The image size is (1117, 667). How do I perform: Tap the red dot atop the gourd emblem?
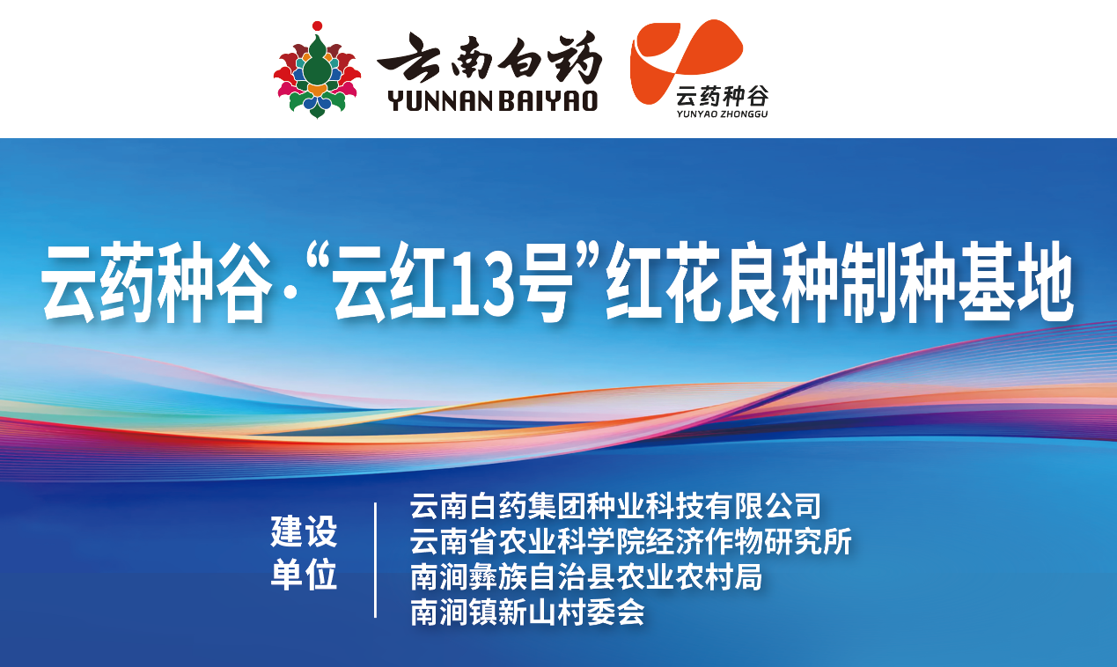[317, 26]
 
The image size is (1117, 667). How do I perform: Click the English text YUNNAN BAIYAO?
[493, 100]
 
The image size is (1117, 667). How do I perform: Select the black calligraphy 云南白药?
[489, 57]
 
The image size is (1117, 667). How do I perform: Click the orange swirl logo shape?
[686, 60]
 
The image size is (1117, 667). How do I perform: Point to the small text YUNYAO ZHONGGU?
[722, 114]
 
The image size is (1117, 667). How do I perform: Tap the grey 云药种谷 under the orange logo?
[722, 96]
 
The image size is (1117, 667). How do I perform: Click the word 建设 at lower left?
[304, 531]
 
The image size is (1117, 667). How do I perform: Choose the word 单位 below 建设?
[304, 575]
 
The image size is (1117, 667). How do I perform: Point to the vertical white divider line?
[376, 561]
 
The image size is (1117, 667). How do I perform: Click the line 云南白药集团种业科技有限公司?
[615, 507]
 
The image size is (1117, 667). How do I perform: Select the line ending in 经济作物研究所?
[631, 542]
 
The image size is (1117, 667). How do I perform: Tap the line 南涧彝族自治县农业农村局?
[586, 577]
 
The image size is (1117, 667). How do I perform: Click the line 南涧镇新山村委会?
[527, 612]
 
